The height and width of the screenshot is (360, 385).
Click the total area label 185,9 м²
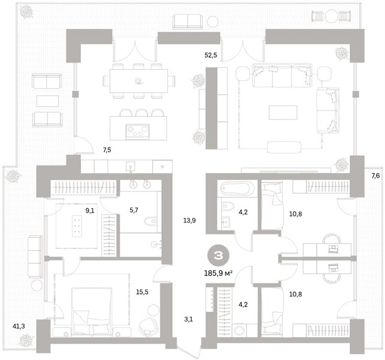pyautogui.click(x=218, y=273)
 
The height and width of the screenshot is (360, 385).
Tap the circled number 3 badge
pyautogui.click(x=218, y=256)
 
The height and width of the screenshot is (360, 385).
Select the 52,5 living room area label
pyautogui.click(x=211, y=55)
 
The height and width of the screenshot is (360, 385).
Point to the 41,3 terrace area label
pyautogui.click(x=19, y=326)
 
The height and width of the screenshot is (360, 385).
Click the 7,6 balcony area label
pyautogui.click(x=375, y=176)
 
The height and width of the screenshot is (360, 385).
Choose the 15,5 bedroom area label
pyautogui.click(x=142, y=292)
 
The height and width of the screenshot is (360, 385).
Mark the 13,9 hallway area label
pyautogui.click(x=190, y=220)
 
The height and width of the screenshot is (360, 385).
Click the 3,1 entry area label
pyautogui.click(x=188, y=319)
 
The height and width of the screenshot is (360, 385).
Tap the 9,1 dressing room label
pyautogui.click(x=90, y=211)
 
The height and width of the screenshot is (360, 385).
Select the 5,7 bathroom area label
pyautogui.click(x=134, y=210)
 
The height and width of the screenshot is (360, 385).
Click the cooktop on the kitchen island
pyautogui.click(x=137, y=132)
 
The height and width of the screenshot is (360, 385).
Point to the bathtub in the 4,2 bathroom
pyautogui.click(x=236, y=188)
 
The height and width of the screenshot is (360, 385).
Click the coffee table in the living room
pyautogui.click(x=283, y=113)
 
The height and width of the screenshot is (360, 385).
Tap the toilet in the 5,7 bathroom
pyautogui.click(x=151, y=221)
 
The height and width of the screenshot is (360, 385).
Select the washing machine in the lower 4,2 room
pyautogui.click(x=240, y=330)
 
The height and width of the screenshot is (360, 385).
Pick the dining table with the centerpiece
pyautogui.click(x=139, y=81)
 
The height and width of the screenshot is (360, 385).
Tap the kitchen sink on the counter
pyautogui.click(x=130, y=167)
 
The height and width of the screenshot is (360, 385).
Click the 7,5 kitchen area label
pyautogui.click(x=107, y=150)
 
